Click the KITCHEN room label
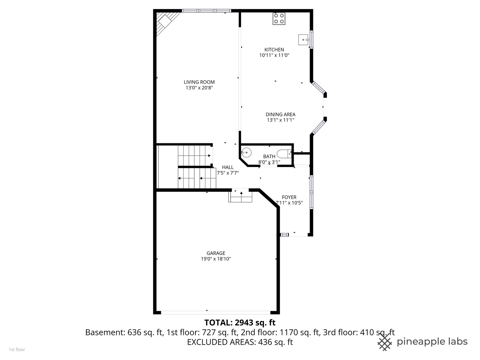274,50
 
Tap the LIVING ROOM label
199,82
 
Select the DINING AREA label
280,114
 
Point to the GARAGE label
216,253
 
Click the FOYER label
289,197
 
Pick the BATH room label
269,156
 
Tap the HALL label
228,167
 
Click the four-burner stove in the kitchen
279,19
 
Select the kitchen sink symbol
303,40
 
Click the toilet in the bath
284,154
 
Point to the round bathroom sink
246,153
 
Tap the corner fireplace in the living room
165,21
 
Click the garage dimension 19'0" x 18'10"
216,259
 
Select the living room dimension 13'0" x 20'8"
199,88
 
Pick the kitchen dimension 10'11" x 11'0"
274,55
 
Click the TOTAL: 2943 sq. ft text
240,322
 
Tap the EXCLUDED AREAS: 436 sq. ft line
240,342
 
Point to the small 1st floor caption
17,350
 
